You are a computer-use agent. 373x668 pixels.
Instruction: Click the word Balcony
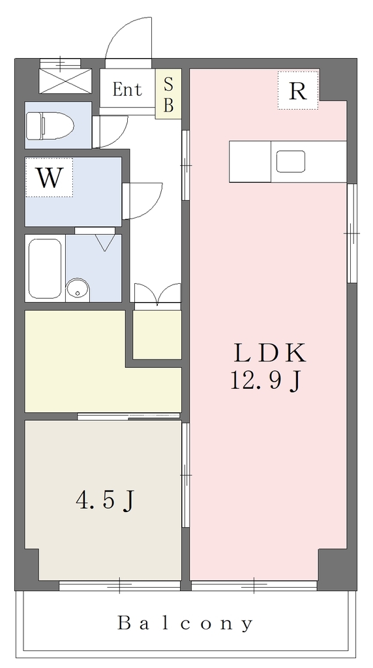click(x=185, y=623)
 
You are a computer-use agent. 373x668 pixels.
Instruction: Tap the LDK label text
click(x=269, y=353)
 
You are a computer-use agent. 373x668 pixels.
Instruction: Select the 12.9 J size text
click(x=266, y=380)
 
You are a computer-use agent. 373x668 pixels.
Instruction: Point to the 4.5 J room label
click(x=105, y=500)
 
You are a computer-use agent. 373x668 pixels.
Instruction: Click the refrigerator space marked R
click(x=297, y=90)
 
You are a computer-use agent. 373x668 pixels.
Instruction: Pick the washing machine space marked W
click(x=49, y=177)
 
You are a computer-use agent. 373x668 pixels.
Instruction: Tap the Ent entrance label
click(x=127, y=89)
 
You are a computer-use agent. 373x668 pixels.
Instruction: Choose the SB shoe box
click(x=168, y=94)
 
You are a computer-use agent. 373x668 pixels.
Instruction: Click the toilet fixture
click(x=50, y=126)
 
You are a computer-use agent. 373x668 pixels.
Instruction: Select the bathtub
click(x=45, y=268)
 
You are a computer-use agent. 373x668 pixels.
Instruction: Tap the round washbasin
click(x=78, y=290)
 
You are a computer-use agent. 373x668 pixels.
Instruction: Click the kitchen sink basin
click(x=291, y=162)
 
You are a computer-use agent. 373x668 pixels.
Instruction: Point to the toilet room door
click(x=110, y=131)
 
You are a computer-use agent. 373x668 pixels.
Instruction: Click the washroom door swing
click(x=142, y=201)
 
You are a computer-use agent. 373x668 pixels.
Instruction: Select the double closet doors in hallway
click(x=158, y=294)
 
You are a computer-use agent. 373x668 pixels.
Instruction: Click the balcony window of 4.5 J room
click(x=119, y=585)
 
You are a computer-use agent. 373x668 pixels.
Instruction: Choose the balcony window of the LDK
click(x=254, y=585)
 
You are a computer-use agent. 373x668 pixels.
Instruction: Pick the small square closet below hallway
click(x=157, y=335)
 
